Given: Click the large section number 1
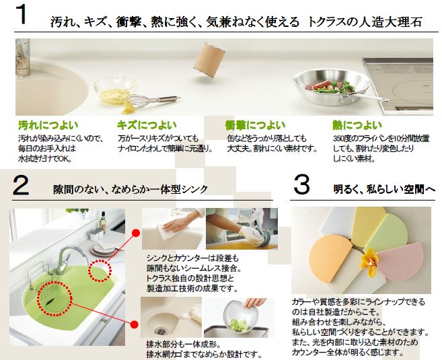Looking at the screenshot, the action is click(22, 14).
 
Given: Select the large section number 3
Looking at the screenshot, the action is click(301, 184).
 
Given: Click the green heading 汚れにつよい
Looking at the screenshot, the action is click(48, 125).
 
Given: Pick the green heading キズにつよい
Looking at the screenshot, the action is click(147, 125).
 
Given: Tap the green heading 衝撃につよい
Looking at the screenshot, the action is click(255, 125).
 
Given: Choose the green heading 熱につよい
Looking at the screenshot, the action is click(357, 125).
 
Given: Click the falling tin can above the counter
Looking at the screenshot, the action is click(209, 60).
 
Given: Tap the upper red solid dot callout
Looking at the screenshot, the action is click(136, 233).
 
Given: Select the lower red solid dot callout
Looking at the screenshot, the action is click(135, 324).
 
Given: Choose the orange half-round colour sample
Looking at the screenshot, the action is click(330, 258).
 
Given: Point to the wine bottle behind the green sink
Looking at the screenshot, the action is click(103, 222).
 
